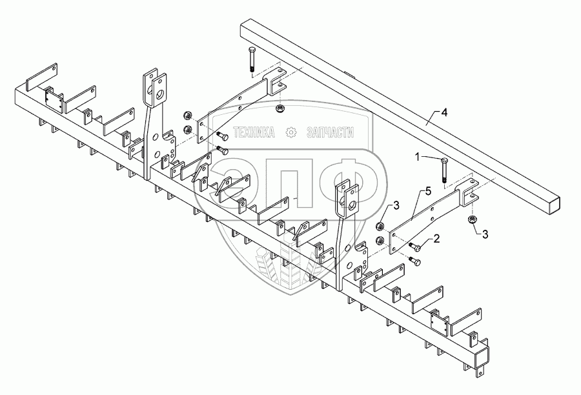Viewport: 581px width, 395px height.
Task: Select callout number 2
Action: pyautogui.click(x=436, y=238)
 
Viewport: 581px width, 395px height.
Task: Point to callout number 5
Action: pyautogui.click(x=426, y=192)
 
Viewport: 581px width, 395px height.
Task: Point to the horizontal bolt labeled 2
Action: pyautogui.click(x=416, y=246)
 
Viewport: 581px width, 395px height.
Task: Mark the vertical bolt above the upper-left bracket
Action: pyautogui.click(x=250, y=59)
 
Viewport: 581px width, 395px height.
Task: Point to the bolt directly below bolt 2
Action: pyautogui.click(x=414, y=260)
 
